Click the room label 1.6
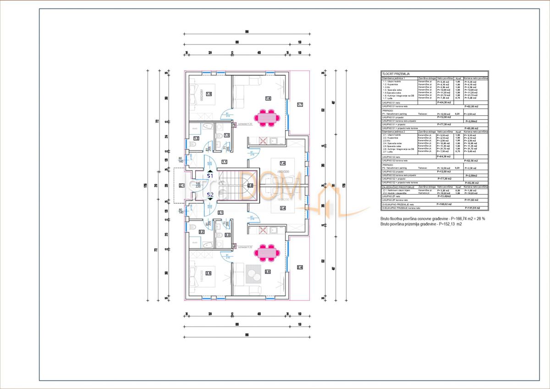point(269,98)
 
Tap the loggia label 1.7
point(300,105)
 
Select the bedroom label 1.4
point(283,163)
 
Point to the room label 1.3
point(227,135)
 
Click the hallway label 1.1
point(224,161)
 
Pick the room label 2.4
point(283,208)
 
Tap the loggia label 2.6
point(300,267)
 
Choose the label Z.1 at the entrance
point(181,185)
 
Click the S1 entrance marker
point(210,174)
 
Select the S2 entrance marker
point(210,196)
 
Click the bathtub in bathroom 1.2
point(196,128)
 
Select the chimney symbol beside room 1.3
point(234,124)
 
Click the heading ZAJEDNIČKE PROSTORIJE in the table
point(398,187)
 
